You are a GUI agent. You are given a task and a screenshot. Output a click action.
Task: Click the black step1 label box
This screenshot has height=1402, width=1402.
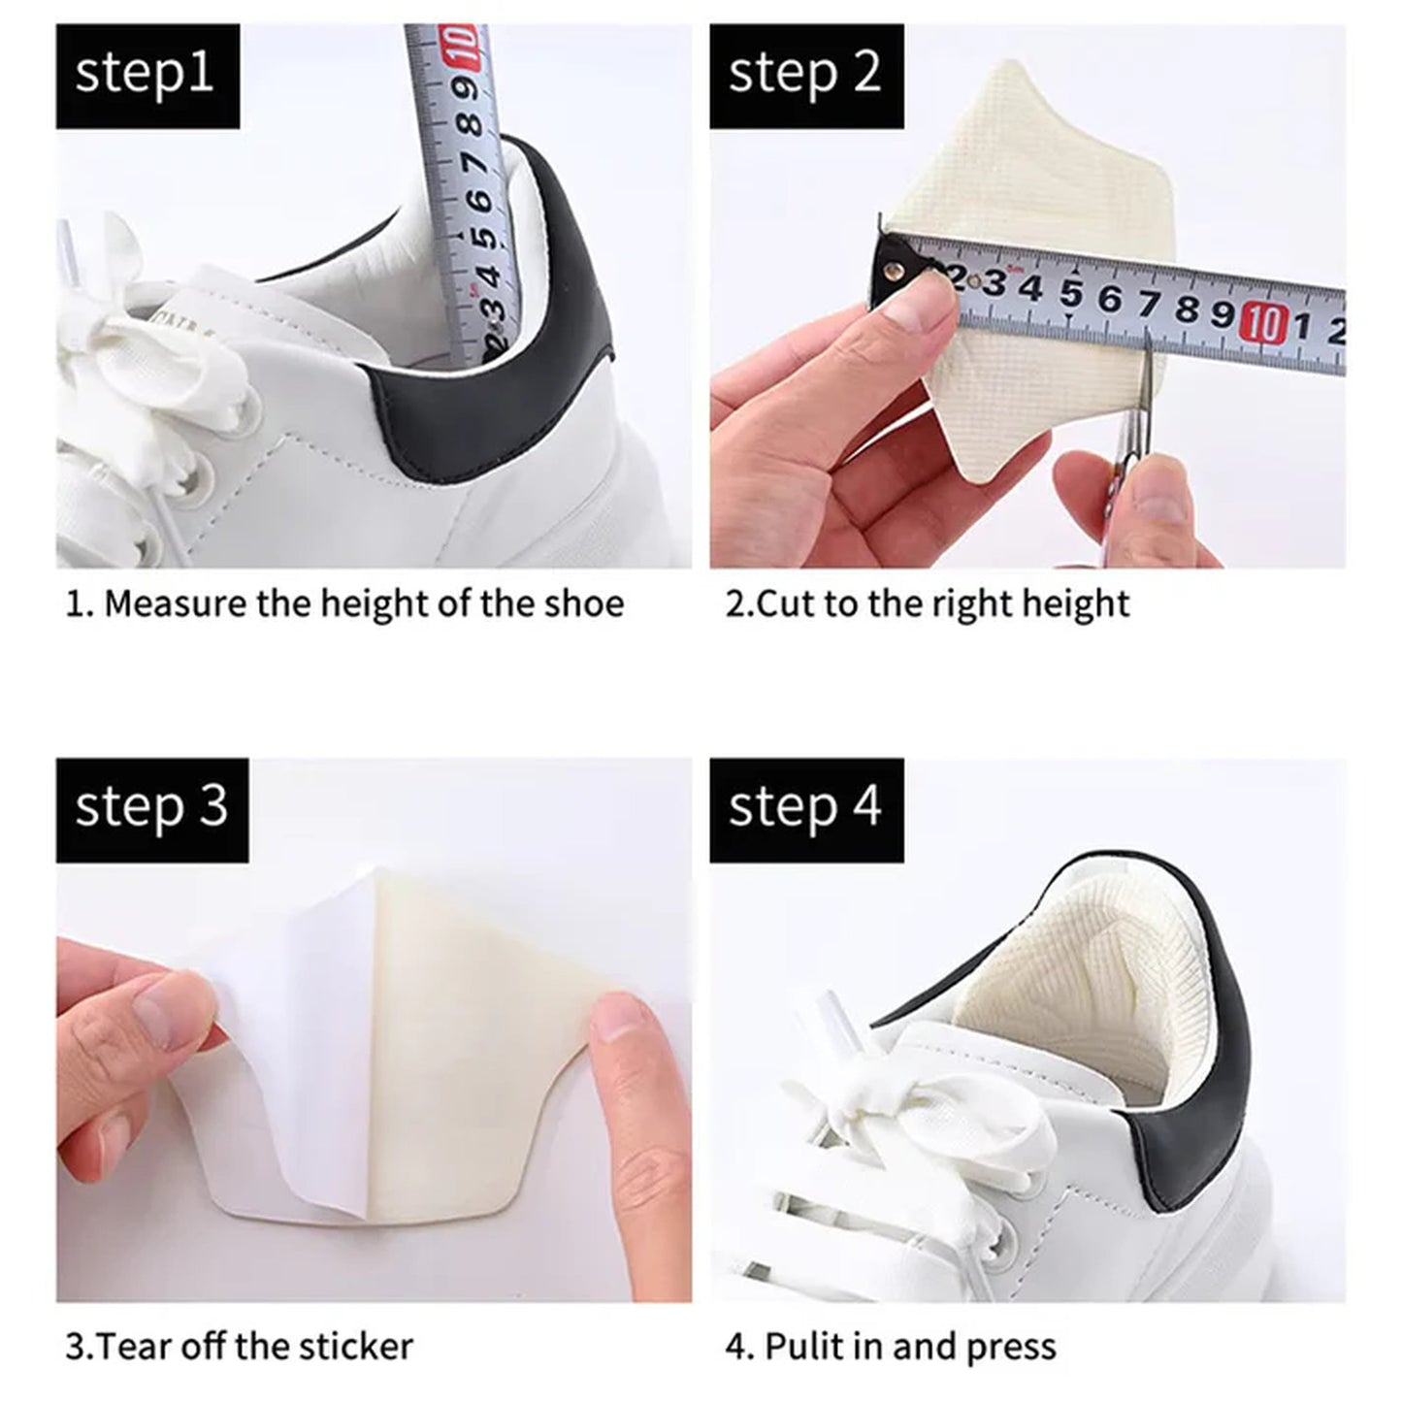pos(147,77)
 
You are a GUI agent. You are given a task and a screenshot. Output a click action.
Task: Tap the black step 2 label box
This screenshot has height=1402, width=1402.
pos(806,77)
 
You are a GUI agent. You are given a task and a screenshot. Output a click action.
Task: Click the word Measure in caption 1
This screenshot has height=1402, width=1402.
pos(176,604)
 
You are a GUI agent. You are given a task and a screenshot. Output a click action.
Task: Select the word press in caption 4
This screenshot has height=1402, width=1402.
pos(1013,1347)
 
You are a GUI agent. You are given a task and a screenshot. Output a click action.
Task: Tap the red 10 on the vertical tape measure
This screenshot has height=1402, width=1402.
pos(461,46)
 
